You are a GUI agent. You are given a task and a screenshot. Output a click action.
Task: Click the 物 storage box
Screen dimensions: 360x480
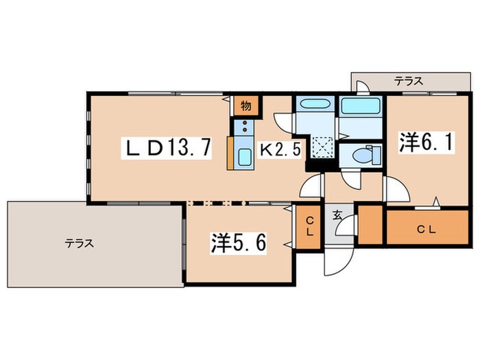tap(245, 106)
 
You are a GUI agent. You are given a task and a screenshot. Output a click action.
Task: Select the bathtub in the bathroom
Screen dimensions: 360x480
tap(361, 108)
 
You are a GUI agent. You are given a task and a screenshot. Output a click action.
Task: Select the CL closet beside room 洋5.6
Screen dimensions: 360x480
tap(310, 226)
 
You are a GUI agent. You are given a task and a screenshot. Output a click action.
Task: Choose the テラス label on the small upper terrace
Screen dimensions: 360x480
tap(408, 81)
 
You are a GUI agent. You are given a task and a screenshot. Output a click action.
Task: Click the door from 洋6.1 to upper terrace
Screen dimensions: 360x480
tap(365, 87)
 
